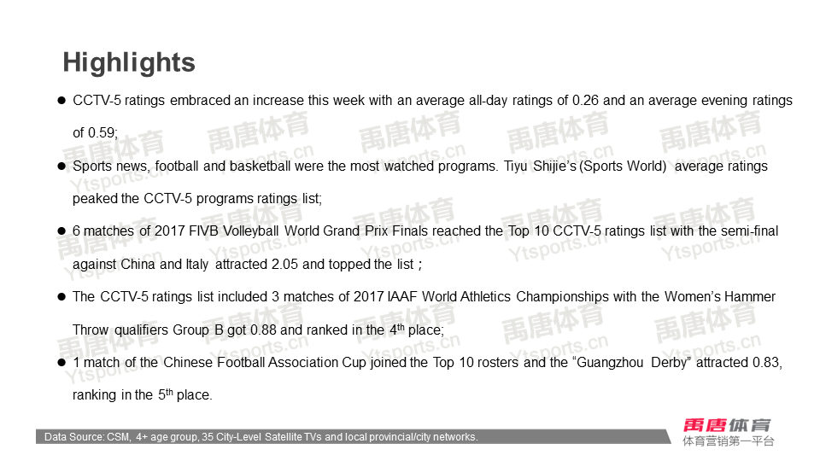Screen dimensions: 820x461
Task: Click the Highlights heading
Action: (x=129, y=63)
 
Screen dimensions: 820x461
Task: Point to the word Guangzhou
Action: (x=610, y=363)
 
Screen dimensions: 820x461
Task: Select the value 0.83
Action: (x=767, y=363)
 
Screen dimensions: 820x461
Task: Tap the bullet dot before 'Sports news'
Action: (x=61, y=166)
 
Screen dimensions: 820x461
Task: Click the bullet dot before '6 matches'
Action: (x=61, y=231)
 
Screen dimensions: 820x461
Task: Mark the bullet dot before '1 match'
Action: (x=61, y=363)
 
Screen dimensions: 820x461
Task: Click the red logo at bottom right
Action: (x=727, y=425)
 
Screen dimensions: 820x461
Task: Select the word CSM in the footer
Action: (x=118, y=437)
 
